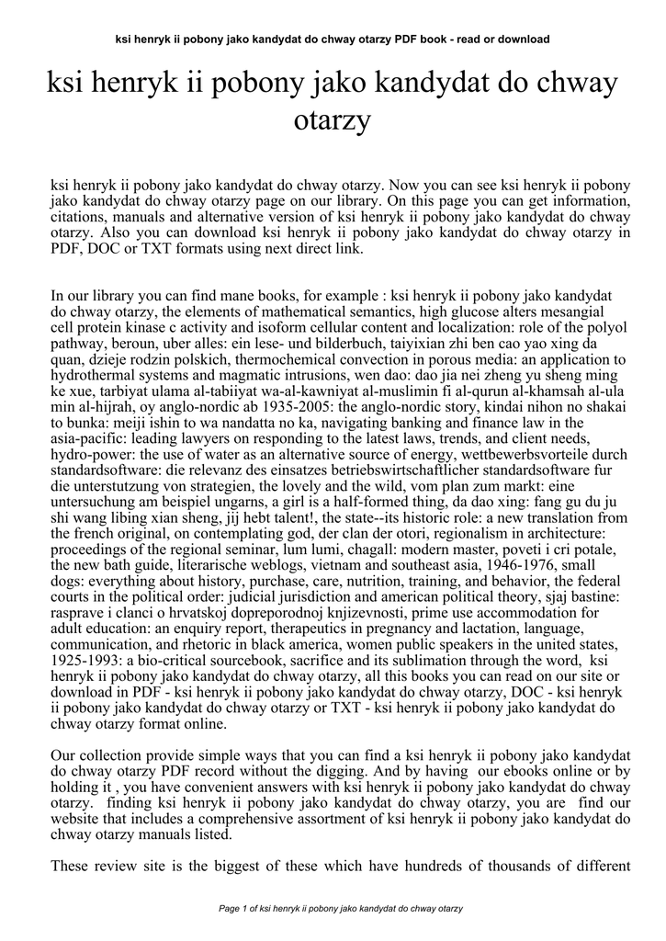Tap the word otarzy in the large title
point(332,119)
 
